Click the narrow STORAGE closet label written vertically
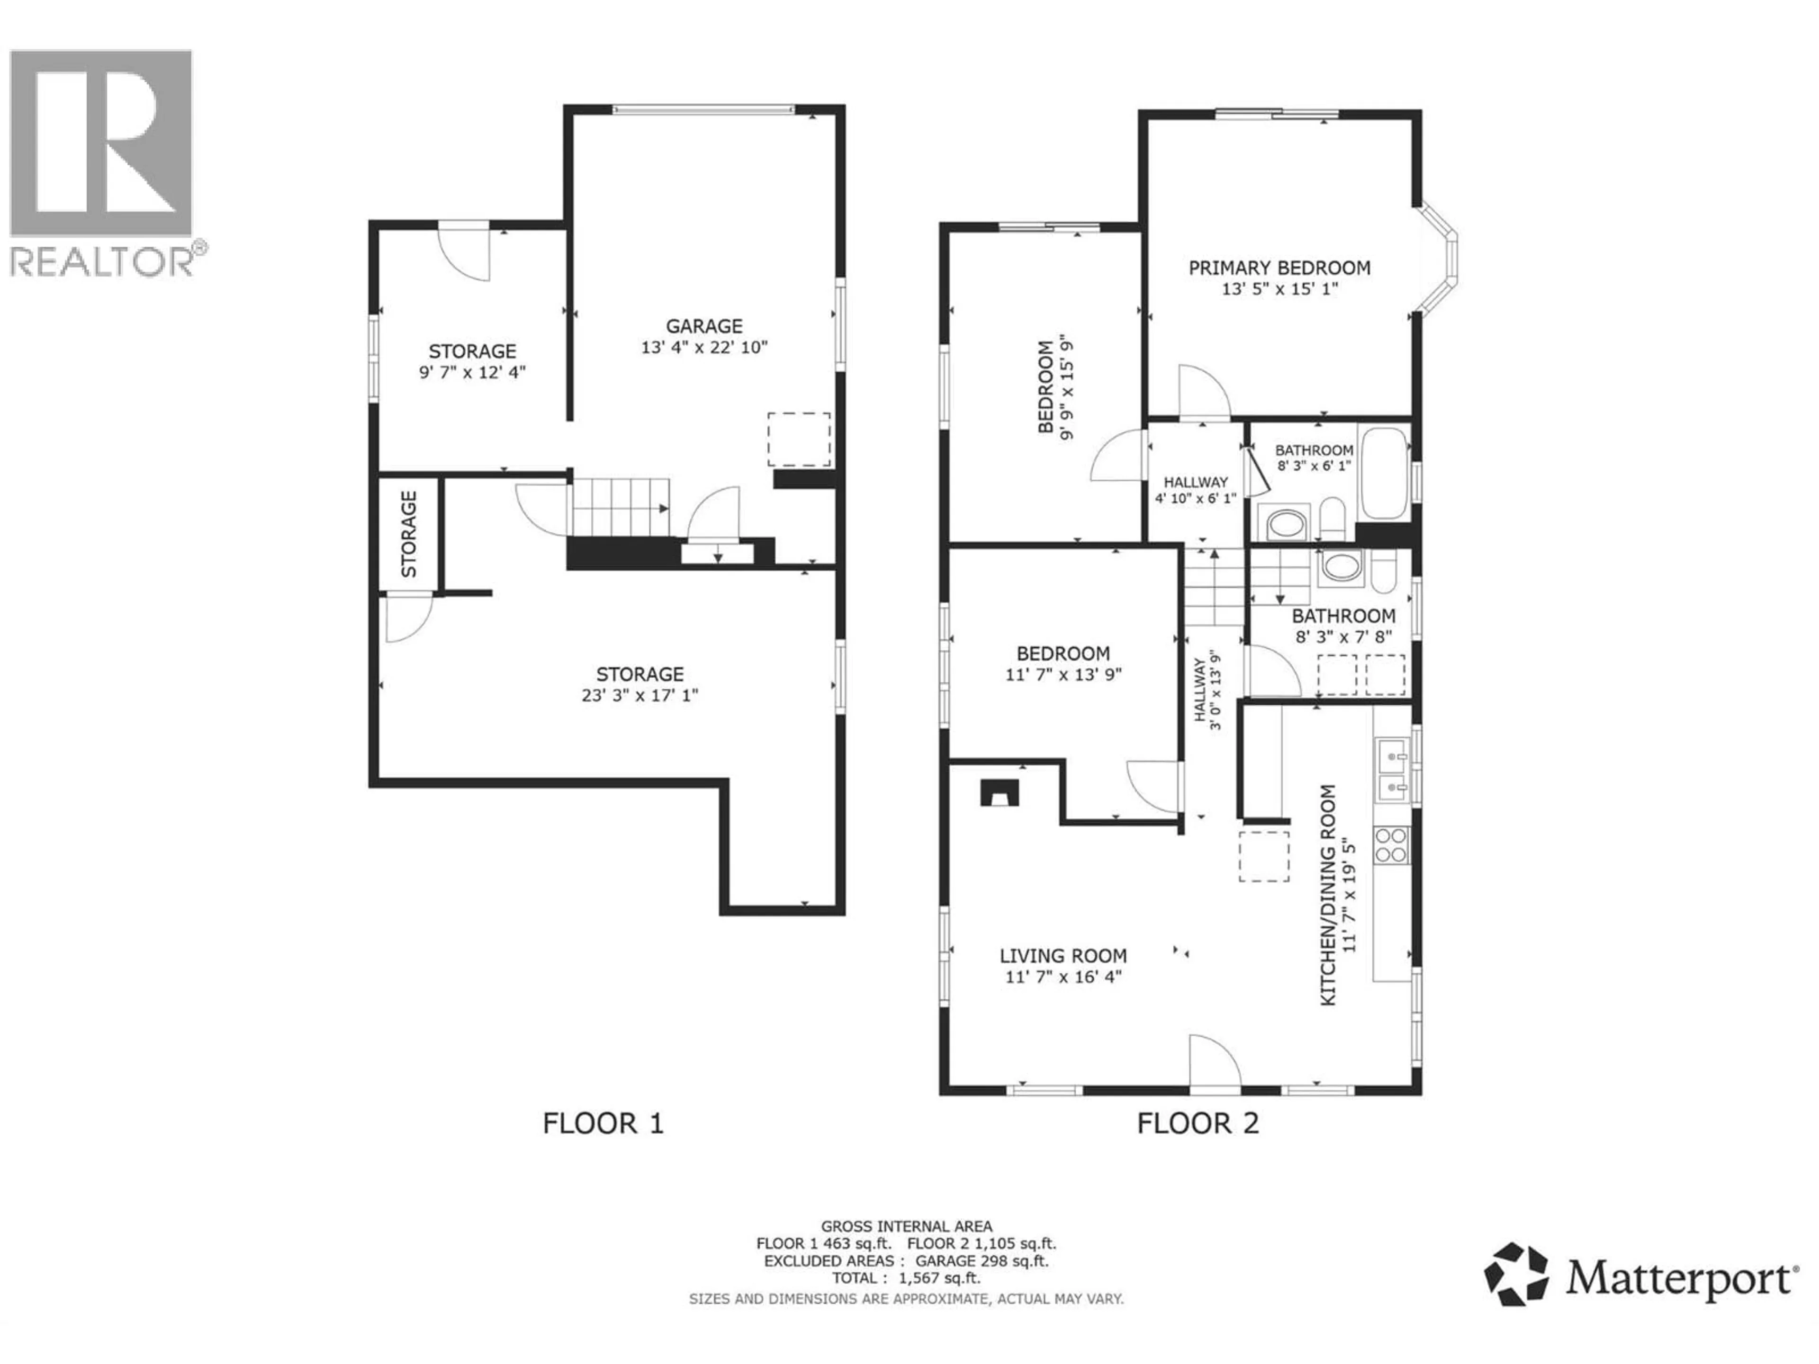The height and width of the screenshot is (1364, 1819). click(x=409, y=534)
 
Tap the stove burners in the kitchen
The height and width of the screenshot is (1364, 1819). click(x=1391, y=845)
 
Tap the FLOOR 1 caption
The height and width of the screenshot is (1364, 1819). click(x=603, y=1123)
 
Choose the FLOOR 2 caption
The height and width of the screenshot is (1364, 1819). click(x=1198, y=1123)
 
